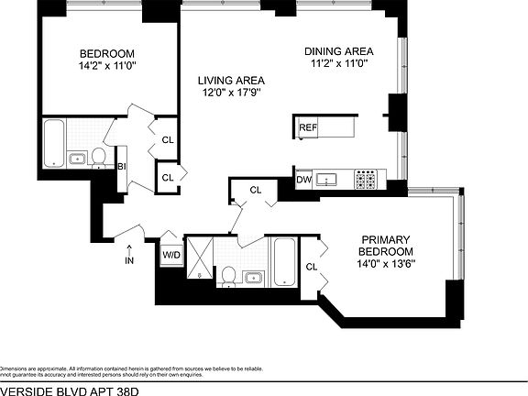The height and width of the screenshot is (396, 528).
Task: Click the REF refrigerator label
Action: tap(307, 127)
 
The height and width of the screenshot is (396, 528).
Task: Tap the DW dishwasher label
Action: tap(303, 180)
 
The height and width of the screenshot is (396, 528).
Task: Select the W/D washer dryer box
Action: tap(171, 254)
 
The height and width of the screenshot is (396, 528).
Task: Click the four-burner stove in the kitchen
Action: tap(367, 180)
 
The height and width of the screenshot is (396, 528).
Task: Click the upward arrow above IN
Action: tap(129, 246)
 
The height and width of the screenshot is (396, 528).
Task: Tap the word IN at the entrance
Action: tap(129, 260)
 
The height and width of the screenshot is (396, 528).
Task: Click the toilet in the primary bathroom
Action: tap(228, 274)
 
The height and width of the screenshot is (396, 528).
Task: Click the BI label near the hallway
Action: tap(121, 166)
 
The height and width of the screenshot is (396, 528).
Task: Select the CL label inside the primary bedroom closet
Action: tap(311, 267)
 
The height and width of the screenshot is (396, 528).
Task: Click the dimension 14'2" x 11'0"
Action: tap(106, 66)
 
